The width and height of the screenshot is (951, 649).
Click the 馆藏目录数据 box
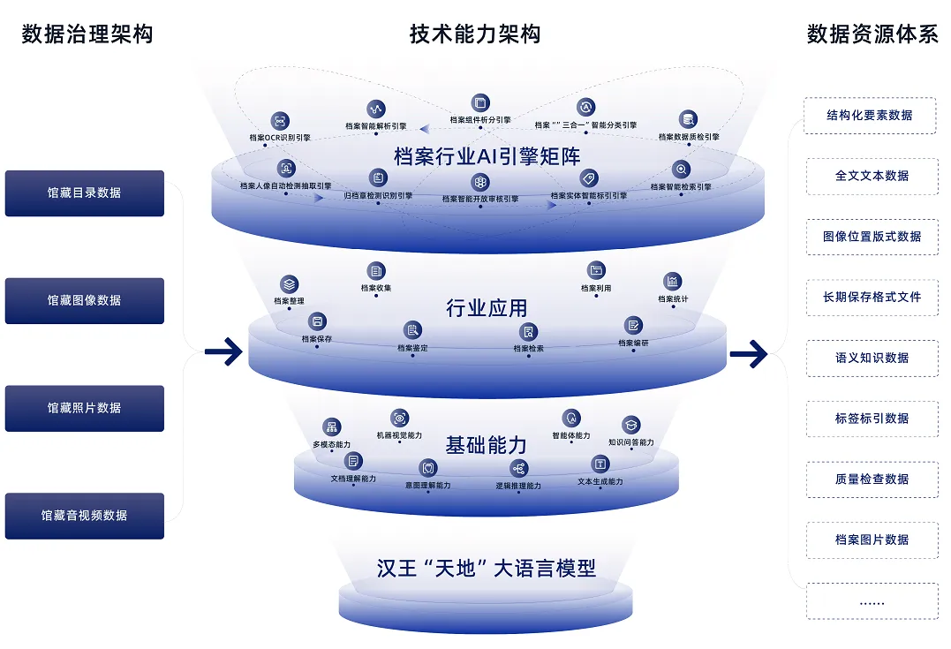[x=85, y=192]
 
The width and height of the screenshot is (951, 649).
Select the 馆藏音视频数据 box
[x=85, y=516]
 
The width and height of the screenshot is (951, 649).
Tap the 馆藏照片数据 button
[x=85, y=408]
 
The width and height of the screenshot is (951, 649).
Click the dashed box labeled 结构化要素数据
[x=870, y=115]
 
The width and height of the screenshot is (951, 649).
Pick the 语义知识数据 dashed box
[x=870, y=358]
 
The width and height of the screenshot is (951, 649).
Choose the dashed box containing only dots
[x=870, y=600]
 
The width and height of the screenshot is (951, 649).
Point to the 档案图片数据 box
[x=870, y=540]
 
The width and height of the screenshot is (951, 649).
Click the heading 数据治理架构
[x=87, y=34]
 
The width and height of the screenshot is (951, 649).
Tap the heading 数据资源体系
[x=872, y=34]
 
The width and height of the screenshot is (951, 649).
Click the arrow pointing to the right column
[x=748, y=354]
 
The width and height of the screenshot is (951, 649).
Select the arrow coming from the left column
[x=223, y=352]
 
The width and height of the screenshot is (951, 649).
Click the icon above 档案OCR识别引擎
[x=280, y=121]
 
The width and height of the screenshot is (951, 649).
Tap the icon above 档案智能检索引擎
[x=680, y=170]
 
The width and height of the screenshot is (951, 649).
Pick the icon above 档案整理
[x=290, y=284]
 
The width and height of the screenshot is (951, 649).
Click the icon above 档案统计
[x=673, y=282]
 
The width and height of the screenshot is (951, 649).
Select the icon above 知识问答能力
[x=630, y=425]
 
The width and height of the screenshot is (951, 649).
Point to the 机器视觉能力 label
[x=399, y=435]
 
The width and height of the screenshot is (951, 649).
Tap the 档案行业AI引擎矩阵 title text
[x=487, y=156]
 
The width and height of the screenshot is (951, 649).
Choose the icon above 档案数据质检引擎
[x=689, y=120]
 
